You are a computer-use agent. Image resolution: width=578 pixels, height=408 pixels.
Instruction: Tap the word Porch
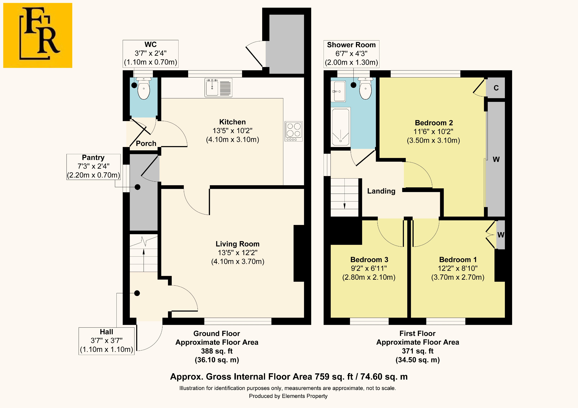pos(146,143)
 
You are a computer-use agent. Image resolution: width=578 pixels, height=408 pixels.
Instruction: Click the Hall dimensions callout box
pos(106,341)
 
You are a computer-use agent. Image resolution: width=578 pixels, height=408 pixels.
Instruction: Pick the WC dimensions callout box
pos(151,54)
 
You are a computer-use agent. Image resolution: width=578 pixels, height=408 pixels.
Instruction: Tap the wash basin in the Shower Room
pos(338,91)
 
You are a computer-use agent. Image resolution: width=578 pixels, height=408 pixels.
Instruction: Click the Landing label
pos(381,191)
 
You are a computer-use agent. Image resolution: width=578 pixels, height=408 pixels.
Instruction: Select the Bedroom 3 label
pos(369,260)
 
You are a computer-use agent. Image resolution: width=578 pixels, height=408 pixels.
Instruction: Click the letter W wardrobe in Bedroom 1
pos(501,235)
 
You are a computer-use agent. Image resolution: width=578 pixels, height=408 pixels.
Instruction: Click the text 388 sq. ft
pos(217,351)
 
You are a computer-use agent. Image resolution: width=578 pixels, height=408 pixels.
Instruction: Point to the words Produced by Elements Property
pos(288,396)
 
